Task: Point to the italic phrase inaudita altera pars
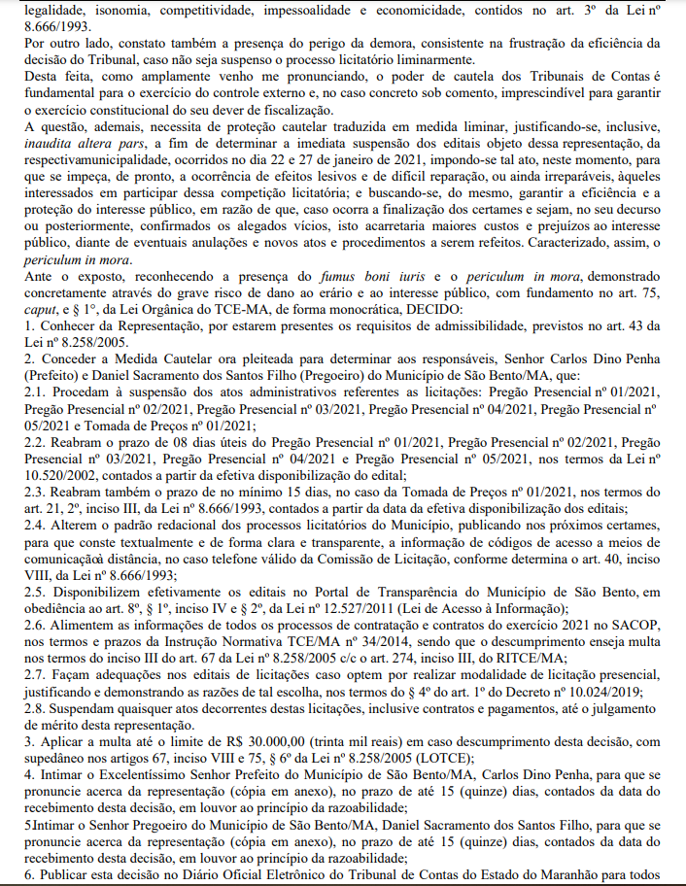[x=82, y=144]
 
